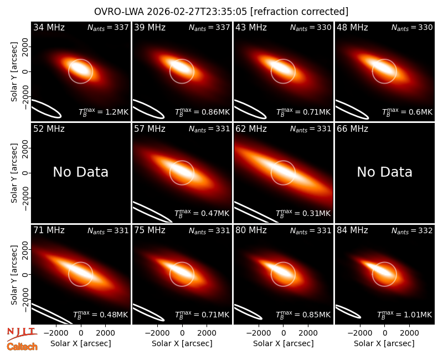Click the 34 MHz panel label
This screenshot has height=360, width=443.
(x=49, y=27)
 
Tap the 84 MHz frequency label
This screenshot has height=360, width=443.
(x=352, y=230)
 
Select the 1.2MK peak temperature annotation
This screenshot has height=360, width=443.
(x=104, y=112)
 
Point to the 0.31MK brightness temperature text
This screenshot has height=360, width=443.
(x=303, y=213)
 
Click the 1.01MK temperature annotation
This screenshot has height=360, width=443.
(x=405, y=315)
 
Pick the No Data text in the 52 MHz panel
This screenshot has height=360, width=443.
(x=81, y=172)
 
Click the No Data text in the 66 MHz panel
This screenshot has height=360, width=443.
(x=384, y=172)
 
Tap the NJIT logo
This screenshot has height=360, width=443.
(x=22, y=334)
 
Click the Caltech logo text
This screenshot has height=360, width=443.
(x=22, y=347)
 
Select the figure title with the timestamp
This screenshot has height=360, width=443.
(x=221, y=12)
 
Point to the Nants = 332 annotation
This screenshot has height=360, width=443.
(x=412, y=230)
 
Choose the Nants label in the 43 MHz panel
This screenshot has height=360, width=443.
(x=311, y=27)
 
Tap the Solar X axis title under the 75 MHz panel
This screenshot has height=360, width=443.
(x=182, y=343)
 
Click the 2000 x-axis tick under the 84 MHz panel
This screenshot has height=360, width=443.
(x=409, y=333)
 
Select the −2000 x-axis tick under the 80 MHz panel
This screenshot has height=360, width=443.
(x=259, y=333)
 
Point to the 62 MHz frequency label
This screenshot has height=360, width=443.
(x=251, y=129)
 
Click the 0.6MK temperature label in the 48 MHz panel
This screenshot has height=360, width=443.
(x=407, y=112)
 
